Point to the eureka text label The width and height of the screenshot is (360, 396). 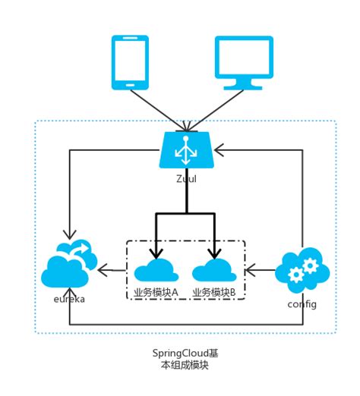(68, 299)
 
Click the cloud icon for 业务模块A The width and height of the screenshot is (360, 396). (156, 271)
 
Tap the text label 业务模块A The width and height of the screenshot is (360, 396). (156, 291)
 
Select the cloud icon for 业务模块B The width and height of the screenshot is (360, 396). (215, 271)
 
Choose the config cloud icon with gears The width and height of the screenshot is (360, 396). (302, 269)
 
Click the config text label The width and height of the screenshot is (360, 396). (302, 303)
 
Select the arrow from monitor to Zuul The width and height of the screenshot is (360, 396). (216, 107)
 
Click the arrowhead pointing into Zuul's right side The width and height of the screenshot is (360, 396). (221, 149)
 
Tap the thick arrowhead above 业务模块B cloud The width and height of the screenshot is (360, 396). (215, 255)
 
